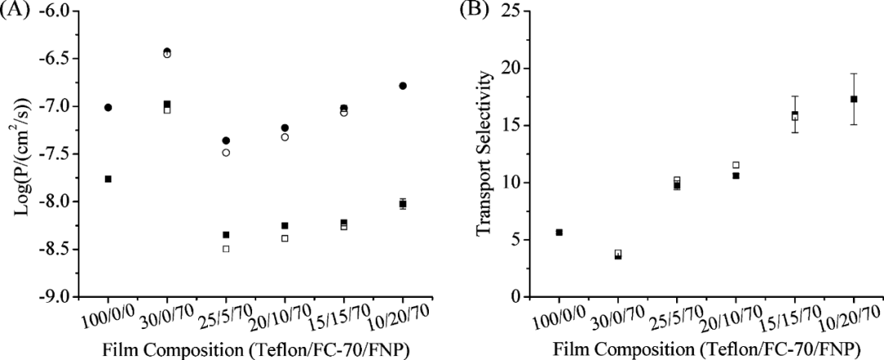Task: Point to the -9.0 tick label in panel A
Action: [64, 297]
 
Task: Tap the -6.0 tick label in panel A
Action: [64, 11]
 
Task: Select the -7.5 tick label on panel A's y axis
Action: [64, 155]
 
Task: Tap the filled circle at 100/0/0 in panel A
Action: [108, 107]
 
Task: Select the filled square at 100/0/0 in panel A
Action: [108, 178]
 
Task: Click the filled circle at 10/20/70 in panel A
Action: [403, 86]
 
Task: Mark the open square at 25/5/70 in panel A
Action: [226, 249]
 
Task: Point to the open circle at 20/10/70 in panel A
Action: [285, 137]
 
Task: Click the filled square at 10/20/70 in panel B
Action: [854, 99]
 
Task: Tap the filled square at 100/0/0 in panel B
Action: [559, 232]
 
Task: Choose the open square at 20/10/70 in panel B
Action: [736, 165]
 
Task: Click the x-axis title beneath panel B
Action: [706, 349]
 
